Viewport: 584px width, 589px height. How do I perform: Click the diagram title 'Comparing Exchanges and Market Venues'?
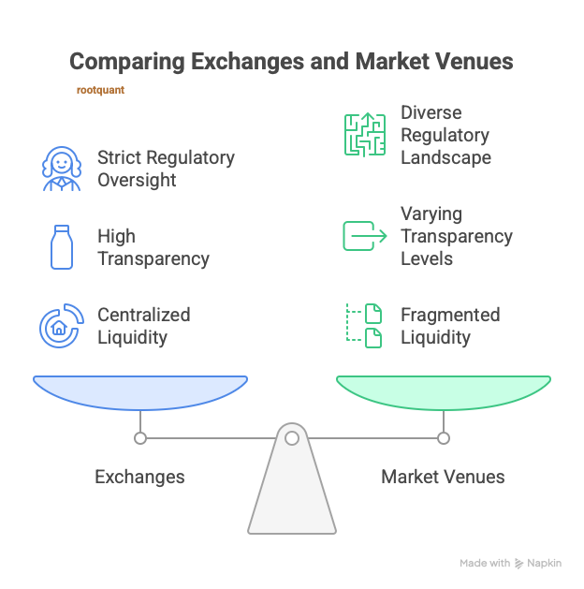pyautogui.click(x=291, y=62)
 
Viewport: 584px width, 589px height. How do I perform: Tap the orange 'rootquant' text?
pyautogui.click(x=100, y=91)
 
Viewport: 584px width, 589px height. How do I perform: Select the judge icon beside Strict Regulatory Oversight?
pyautogui.click(x=62, y=169)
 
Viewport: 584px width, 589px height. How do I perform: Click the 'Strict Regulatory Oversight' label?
pyautogui.click(x=166, y=169)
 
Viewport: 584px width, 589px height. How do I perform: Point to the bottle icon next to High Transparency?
pyautogui.click(x=62, y=247)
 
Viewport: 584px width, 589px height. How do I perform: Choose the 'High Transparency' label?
pyautogui.click(x=153, y=247)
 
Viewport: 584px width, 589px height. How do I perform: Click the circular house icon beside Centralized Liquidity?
pyautogui.click(x=62, y=326)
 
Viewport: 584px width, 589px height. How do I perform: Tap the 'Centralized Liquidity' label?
pyautogui.click(x=143, y=326)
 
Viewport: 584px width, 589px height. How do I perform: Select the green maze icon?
pyautogui.click(x=364, y=135)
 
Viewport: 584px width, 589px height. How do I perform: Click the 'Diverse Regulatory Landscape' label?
pyautogui.click(x=445, y=135)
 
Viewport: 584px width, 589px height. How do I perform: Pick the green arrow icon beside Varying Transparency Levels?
pyautogui.click(x=364, y=236)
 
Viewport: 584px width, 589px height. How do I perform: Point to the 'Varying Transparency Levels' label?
pyautogui.click(x=456, y=236)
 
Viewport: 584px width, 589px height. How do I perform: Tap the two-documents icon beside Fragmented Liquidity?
pyautogui.click(x=364, y=326)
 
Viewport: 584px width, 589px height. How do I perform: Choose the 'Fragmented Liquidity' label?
pyautogui.click(x=449, y=326)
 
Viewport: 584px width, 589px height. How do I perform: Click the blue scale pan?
pyautogui.click(x=140, y=390)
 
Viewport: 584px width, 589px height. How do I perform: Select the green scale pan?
pyautogui.click(x=444, y=390)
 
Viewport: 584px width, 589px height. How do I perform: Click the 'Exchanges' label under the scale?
pyautogui.click(x=139, y=477)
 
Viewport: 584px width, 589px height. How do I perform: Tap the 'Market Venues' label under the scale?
pyautogui.click(x=443, y=477)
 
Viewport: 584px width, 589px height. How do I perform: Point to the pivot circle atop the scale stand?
pyautogui.click(x=292, y=437)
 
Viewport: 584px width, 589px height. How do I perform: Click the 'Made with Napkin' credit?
pyautogui.click(x=511, y=563)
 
